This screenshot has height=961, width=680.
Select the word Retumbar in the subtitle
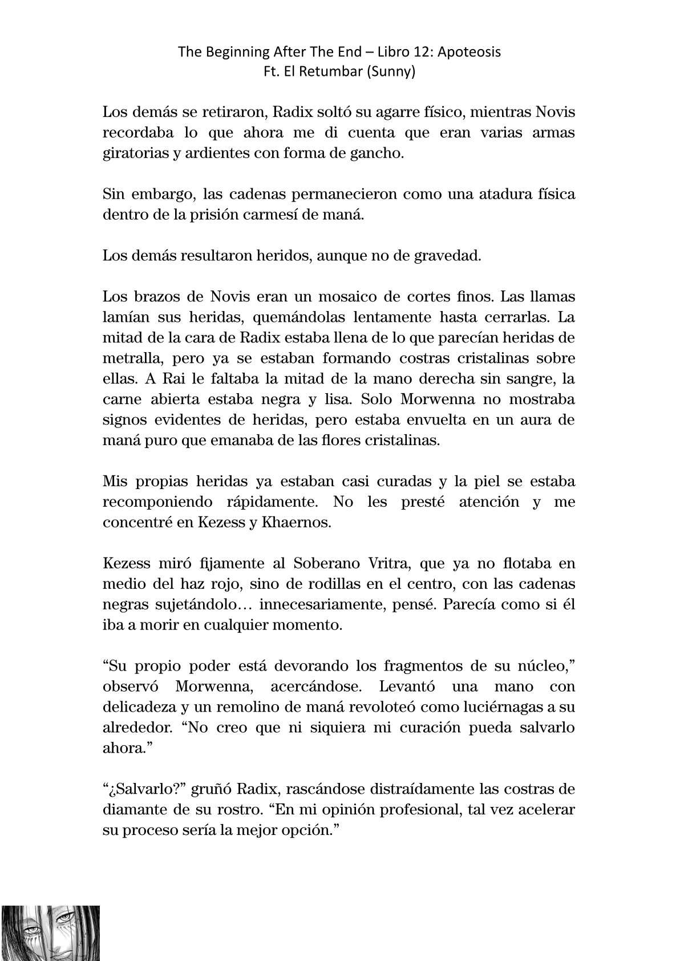tap(333, 72)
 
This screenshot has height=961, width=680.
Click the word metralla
tap(130, 358)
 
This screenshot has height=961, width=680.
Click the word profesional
tap(411, 809)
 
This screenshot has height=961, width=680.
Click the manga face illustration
tap(51, 932)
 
